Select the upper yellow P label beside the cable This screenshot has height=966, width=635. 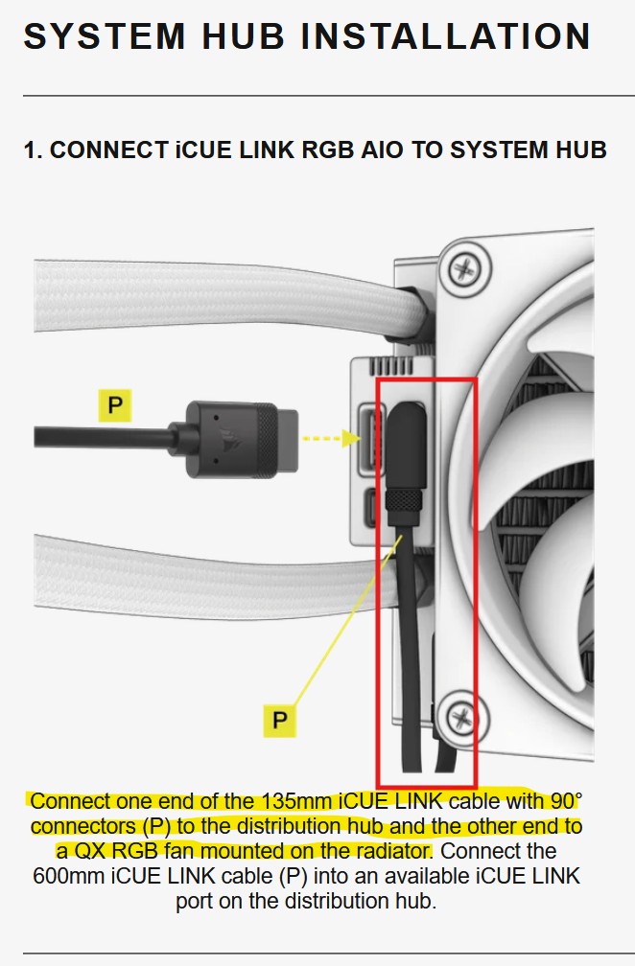(x=115, y=405)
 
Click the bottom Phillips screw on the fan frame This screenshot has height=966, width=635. (x=462, y=714)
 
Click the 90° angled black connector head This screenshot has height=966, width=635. (x=404, y=442)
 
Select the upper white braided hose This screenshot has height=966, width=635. (x=211, y=298)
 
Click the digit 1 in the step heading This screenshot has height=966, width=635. (x=31, y=150)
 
